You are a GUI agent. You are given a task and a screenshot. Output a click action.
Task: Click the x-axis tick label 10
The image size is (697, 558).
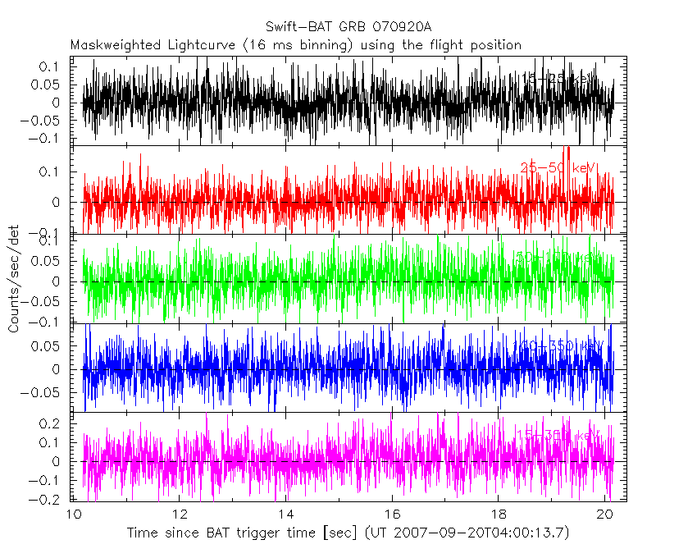click(x=73, y=515)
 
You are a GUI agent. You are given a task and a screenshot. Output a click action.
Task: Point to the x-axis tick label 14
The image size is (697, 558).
click(x=285, y=515)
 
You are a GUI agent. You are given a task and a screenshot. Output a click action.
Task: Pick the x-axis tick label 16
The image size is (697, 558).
click(x=392, y=515)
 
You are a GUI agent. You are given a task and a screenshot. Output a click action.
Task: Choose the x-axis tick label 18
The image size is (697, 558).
click(x=498, y=515)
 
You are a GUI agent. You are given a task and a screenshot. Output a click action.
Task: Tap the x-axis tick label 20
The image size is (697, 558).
click(x=604, y=515)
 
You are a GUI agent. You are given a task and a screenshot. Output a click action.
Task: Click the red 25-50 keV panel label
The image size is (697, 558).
click(x=558, y=168)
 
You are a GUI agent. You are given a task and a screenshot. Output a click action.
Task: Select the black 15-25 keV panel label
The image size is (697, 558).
click(x=558, y=79)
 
